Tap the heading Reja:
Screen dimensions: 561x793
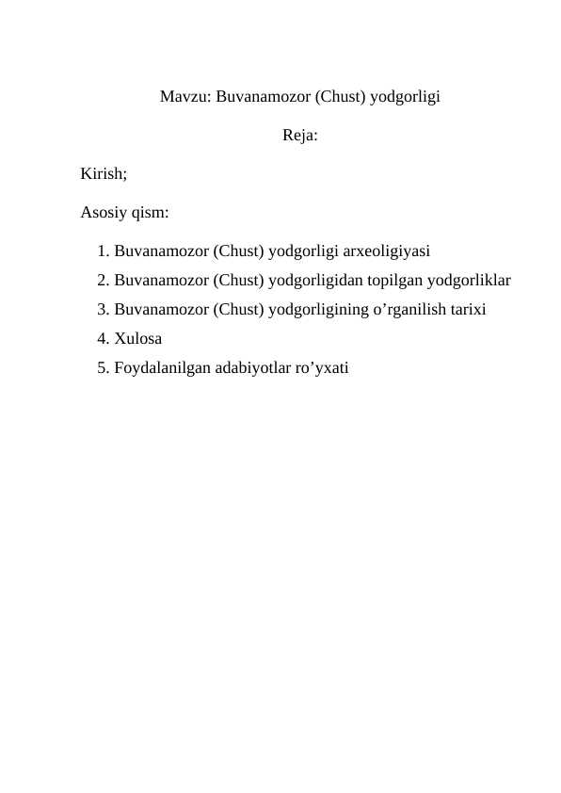[x=299, y=136]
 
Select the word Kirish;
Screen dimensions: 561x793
[x=104, y=174]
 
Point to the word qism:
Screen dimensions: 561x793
[x=151, y=213]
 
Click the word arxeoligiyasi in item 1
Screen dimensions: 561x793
[x=388, y=251]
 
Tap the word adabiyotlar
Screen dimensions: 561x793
[x=248, y=368]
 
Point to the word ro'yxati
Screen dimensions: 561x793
[x=321, y=368]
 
